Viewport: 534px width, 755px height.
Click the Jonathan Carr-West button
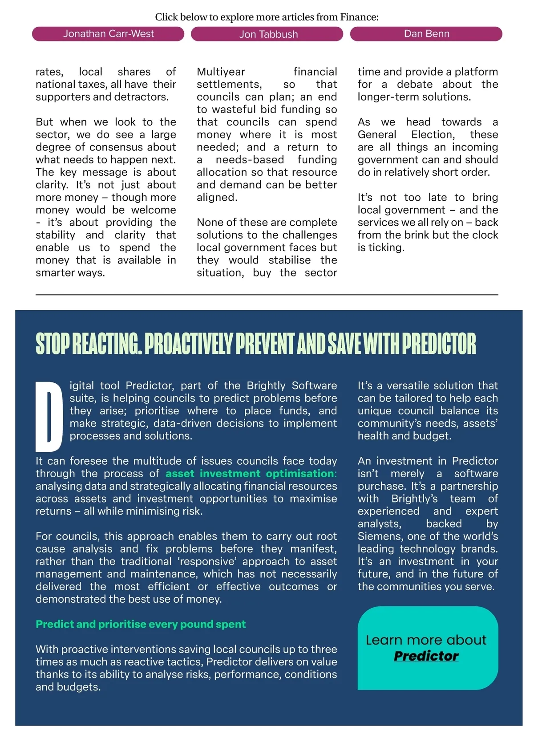click(108, 34)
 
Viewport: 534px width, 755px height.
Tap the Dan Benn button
click(426, 34)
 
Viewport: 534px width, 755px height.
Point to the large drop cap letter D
click(49, 416)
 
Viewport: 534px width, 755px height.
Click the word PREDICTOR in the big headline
click(439, 344)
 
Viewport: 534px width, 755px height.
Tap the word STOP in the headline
click(53, 344)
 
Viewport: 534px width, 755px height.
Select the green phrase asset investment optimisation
click(250, 473)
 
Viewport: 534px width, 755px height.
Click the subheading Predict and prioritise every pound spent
click(141, 624)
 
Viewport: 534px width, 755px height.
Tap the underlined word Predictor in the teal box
click(426, 656)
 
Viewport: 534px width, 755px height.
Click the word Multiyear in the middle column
click(221, 72)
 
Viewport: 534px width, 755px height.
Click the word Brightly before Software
click(266, 386)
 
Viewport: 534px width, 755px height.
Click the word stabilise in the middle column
click(291, 260)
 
